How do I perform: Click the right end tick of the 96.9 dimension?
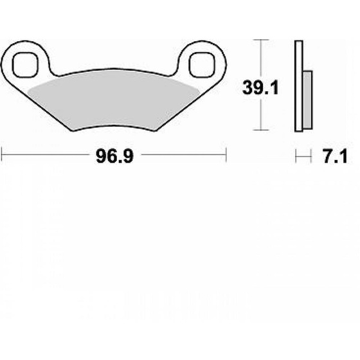226,155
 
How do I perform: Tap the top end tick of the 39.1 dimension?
259,40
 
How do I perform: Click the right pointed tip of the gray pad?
200,85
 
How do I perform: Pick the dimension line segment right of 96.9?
183,155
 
